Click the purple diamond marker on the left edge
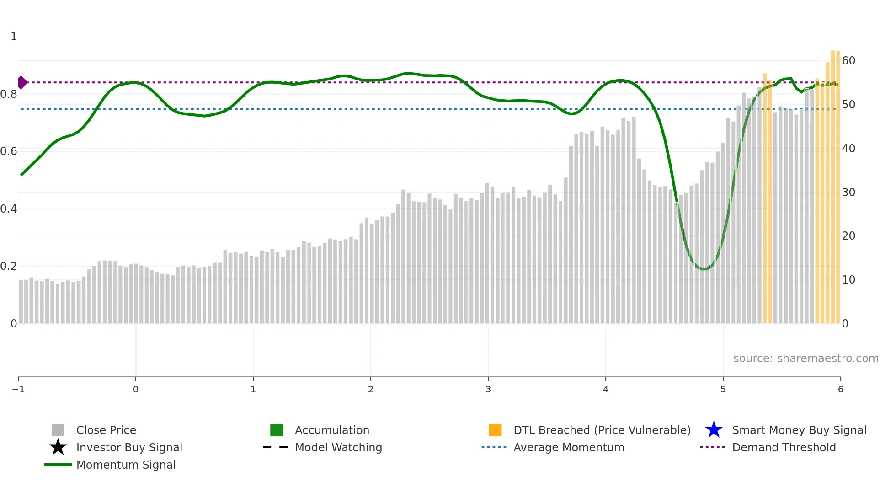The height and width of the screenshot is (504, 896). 22,82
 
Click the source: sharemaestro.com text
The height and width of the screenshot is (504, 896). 805,359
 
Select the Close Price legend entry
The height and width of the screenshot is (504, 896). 106,430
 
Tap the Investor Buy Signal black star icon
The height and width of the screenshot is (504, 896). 58,447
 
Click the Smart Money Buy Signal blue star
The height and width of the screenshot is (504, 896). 714,430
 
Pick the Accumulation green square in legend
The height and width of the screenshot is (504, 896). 277,430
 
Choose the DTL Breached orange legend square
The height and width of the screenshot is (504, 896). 495,430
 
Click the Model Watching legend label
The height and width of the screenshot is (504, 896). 338,448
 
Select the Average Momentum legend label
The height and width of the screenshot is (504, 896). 569,448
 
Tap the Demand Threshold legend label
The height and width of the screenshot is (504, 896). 784,448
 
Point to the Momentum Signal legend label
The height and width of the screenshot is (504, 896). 126,465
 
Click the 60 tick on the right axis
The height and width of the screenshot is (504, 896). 848,61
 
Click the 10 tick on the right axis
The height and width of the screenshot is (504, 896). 848,280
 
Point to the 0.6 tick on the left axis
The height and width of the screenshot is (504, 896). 9,151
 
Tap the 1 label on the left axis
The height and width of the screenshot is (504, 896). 14,37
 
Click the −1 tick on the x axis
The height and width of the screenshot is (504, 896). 18,390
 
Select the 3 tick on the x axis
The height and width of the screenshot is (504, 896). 488,390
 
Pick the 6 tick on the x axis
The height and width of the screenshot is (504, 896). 840,390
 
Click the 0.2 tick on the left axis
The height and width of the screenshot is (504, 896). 9,266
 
